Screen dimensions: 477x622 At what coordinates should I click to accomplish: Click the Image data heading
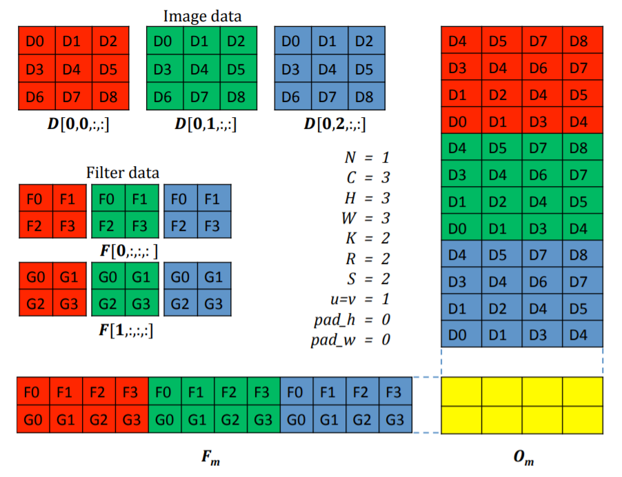click(x=202, y=15)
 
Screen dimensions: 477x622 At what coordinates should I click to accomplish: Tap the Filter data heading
click(x=123, y=172)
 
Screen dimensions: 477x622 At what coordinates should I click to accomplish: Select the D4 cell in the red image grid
click(x=72, y=69)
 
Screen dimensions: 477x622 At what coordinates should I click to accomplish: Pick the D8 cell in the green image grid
click(x=237, y=97)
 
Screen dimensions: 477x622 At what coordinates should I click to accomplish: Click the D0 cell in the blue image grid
click(x=292, y=41)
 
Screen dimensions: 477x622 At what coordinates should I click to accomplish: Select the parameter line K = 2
click(x=367, y=238)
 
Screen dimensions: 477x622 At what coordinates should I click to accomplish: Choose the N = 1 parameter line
click(x=367, y=158)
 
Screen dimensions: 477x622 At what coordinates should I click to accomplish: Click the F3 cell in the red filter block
click(x=68, y=225)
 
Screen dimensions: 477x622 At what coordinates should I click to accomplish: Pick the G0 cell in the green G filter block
click(x=108, y=278)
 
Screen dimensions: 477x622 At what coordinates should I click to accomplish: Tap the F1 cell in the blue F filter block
click(x=213, y=199)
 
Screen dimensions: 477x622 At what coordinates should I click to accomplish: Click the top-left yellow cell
click(x=461, y=392)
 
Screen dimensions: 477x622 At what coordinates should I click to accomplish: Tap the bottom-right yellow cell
click(x=583, y=420)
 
